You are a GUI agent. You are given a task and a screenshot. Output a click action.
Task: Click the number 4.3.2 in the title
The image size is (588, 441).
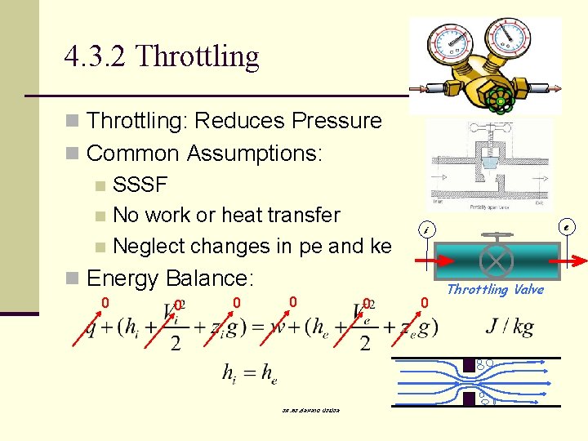[x=96, y=56]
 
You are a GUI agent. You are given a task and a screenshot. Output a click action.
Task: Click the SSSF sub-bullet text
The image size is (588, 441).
[x=140, y=184]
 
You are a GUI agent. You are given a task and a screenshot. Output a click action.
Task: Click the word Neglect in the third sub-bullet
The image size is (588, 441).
[x=149, y=246]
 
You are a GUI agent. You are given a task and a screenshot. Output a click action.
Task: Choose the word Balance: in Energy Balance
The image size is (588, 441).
[x=211, y=278]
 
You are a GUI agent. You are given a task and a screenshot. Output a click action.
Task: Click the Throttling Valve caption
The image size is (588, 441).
[x=495, y=290]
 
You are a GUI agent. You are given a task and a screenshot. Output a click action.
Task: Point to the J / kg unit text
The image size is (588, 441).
[x=510, y=327]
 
